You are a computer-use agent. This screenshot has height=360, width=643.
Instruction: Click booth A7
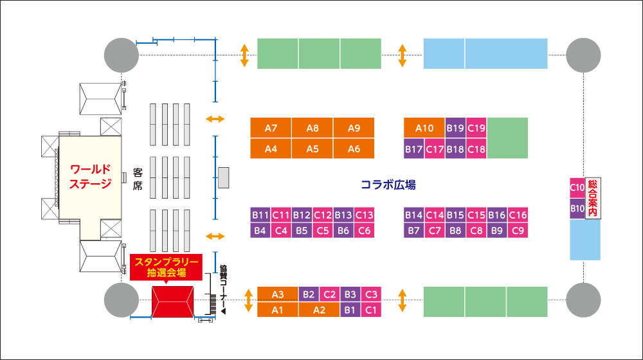click(x=271, y=127)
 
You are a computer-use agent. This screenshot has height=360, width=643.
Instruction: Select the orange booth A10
click(x=424, y=127)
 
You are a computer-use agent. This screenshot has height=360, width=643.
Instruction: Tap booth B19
click(x=455, y=127)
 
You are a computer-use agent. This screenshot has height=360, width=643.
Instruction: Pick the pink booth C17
click(x=435, y=150)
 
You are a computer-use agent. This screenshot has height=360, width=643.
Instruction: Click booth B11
click(x=260, y=215)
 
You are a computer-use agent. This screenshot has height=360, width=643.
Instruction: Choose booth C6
click(x=364, y=230)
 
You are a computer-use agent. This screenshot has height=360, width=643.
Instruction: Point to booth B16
click(x=497, y=215)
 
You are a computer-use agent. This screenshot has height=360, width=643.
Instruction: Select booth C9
click(x=518, y=230)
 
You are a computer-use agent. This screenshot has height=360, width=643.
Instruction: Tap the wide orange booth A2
click(x=320, y=310)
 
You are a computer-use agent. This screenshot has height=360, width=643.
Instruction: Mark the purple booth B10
click(x=577, y=208)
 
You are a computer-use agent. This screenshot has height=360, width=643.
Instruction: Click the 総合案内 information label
click(x=593, y=198)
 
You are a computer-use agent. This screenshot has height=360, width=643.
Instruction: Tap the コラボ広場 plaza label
click(x=388, y=185)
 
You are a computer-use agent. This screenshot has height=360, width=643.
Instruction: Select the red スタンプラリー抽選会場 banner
click(x=166, y=266)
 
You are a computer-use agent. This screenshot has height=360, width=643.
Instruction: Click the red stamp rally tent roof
click(x=172, y=301)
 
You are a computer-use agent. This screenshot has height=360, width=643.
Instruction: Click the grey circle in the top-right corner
click(x=584, y=55)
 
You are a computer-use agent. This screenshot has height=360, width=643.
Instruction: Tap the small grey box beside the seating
click(x=223, y=177)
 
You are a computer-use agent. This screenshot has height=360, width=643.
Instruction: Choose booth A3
click(x=278, y=294)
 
